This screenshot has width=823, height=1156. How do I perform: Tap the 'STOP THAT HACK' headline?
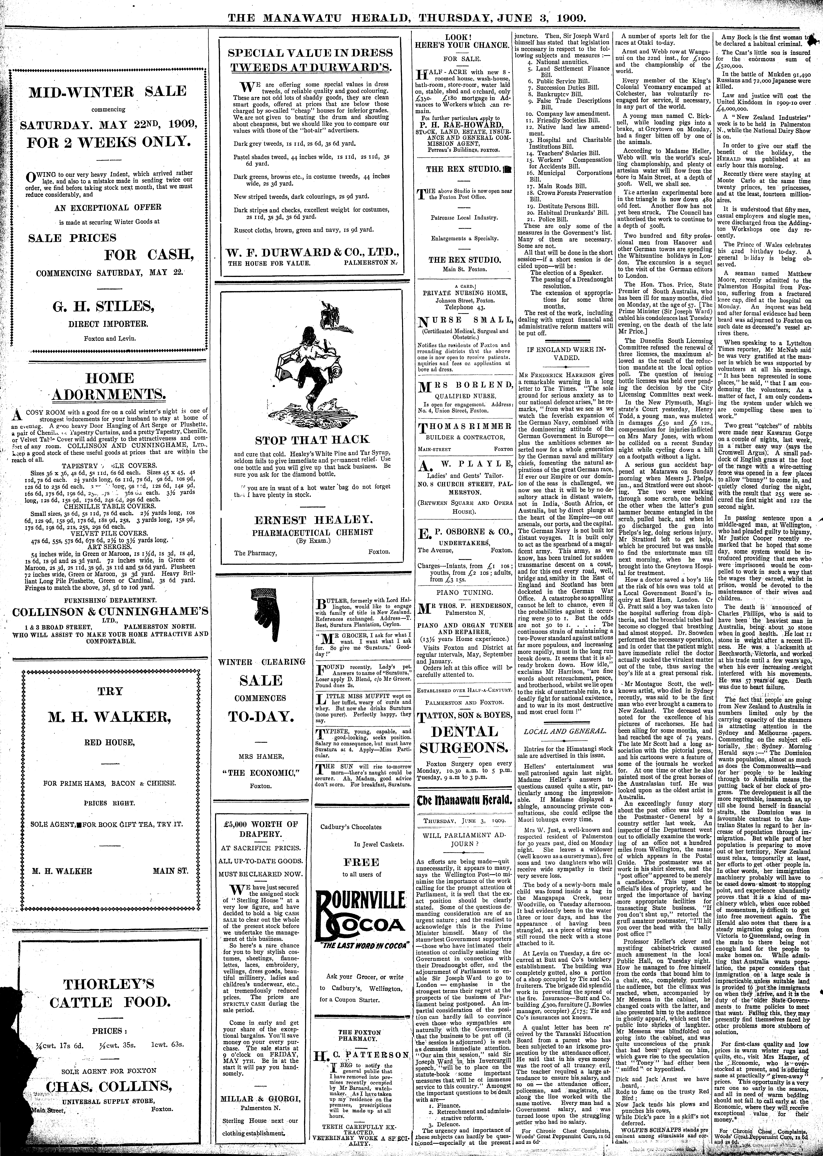(x=312, y=439)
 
